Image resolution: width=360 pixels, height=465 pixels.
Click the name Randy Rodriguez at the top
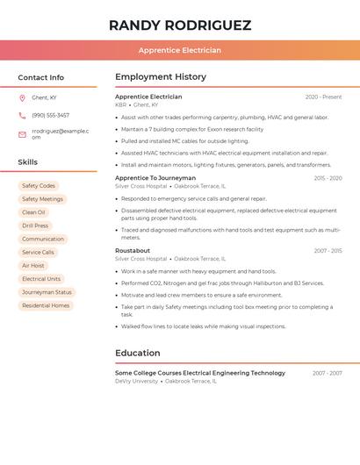click(x=180, y=25)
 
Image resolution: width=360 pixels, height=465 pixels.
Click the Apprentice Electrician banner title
click(x=180, y=50)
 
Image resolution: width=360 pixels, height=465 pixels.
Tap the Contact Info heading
click(x=40, y=77)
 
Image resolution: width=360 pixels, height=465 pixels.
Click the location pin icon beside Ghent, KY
click(x=22, y=97)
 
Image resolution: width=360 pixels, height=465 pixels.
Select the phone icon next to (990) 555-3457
click(x=22, y=115)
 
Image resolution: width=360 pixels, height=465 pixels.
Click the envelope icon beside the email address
click(x=22, y=134)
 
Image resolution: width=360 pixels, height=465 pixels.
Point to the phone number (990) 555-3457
click(x=50, y=115)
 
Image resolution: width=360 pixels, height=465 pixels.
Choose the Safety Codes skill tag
click(x=39, y=186)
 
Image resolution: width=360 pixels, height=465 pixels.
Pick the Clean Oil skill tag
click(x=33, y=212)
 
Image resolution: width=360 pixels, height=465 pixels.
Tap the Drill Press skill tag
click(x=35, y=225)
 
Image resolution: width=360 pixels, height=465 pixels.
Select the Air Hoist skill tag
click(x=32, y=266)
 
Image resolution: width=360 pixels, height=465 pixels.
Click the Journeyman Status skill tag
click(x=47, y=292)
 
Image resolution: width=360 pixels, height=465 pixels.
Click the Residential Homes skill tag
click(x=46, y=305)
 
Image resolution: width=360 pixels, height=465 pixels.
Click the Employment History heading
click(x=161, y=77)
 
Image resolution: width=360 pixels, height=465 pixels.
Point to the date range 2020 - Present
click(x=323, y=97)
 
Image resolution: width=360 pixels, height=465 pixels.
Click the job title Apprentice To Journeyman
click(x=155, y=178)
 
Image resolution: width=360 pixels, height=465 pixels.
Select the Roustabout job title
click(x=133, y=251)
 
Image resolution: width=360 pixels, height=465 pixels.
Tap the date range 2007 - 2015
click(x=328, y=251)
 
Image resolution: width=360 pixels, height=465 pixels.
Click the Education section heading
click(x=138, y=354)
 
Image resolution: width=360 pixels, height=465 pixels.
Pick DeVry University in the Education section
click(x=136, y=381)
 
